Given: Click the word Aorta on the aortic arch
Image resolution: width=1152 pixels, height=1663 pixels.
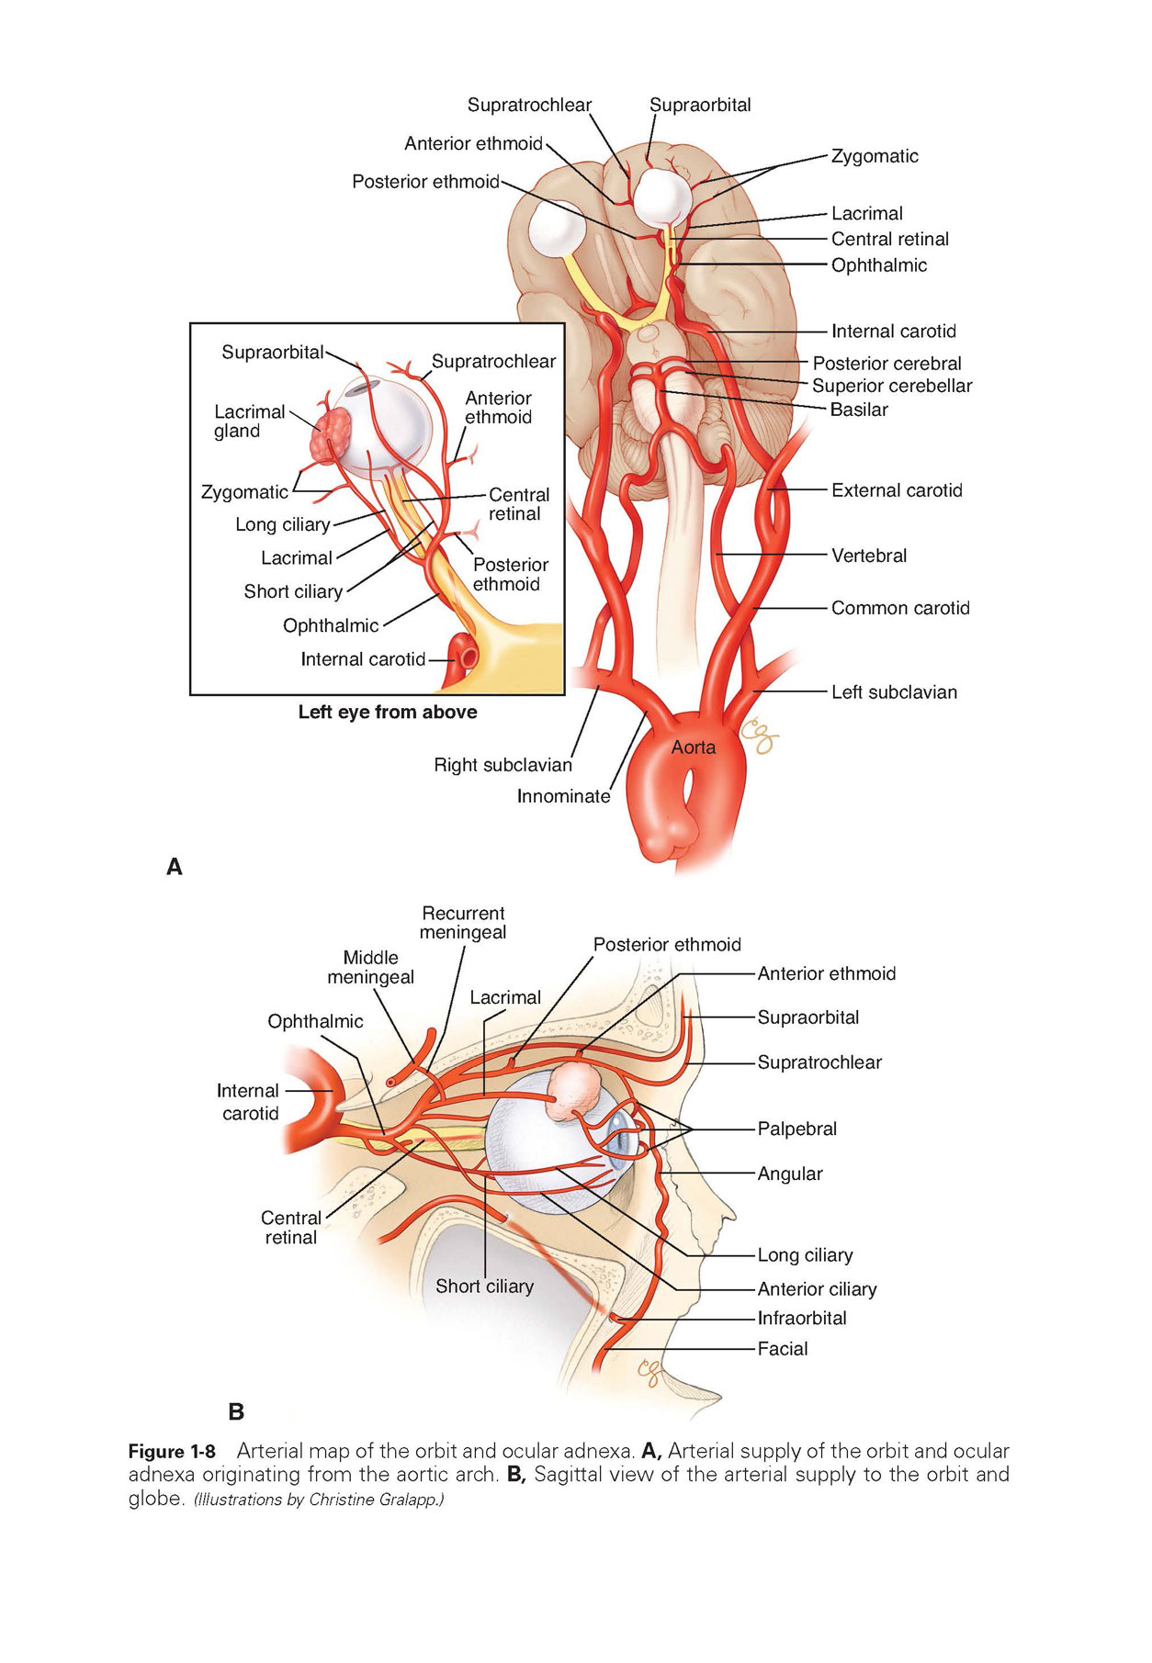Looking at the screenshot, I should point(693,747).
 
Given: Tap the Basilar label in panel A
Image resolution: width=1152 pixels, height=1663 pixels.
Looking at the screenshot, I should point(859,410).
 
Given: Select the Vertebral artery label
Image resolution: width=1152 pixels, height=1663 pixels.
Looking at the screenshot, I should point(868,556).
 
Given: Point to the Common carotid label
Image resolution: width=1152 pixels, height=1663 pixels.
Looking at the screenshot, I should point(900,608).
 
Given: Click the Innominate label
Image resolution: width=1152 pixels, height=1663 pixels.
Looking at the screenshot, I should point(563,796).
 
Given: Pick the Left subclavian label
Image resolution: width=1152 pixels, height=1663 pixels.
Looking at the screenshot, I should point(894,692).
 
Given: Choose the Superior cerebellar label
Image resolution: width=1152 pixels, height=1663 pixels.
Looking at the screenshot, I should point(891,386).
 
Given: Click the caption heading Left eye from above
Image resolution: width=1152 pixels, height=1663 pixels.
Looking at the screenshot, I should point(388,712).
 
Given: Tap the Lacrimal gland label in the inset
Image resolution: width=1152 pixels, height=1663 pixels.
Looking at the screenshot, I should point(249,421).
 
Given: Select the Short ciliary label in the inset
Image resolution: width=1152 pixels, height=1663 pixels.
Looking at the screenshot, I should point(293,591).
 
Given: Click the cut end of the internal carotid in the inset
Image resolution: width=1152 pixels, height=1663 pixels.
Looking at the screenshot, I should point(469,657).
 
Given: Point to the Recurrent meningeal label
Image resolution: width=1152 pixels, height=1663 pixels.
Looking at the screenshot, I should point(463,923).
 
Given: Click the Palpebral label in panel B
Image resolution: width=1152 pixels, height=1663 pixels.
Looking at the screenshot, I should point(796,1129).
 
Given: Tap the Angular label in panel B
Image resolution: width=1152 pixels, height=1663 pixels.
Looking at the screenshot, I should point(789,1174).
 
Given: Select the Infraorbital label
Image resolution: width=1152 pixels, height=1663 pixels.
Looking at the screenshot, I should point(801,1318).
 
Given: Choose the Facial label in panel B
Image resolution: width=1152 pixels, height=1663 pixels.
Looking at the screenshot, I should point(783,1349).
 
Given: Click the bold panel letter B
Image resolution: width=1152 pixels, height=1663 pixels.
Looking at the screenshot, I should point(236,1410).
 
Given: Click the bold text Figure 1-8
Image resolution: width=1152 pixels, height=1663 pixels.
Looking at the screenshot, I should point(172,1452).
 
